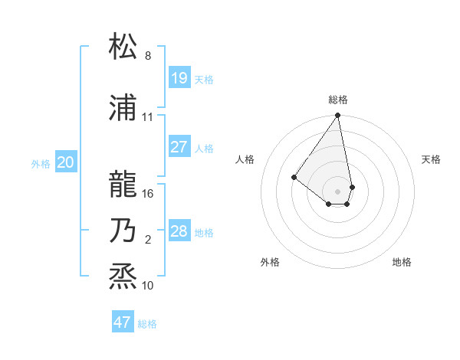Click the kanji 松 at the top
(123, 47)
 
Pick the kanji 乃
(123, 231)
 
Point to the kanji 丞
(123, 277)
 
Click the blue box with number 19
(179, 77)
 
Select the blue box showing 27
(179, 147)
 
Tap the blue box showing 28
(179, 231)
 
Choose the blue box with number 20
(66, 162)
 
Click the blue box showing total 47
(123, 322)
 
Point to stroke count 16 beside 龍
(148, 194)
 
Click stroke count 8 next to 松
(148, 56)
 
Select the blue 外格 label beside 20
(41, 163)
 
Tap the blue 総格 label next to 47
(147, 324)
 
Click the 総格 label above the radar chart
(338, 100)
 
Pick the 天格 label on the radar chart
(432, 159)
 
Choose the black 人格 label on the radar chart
(245, 159)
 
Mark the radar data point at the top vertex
(337, 116)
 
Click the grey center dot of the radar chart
(337, 191)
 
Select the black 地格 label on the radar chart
(402, 262)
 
